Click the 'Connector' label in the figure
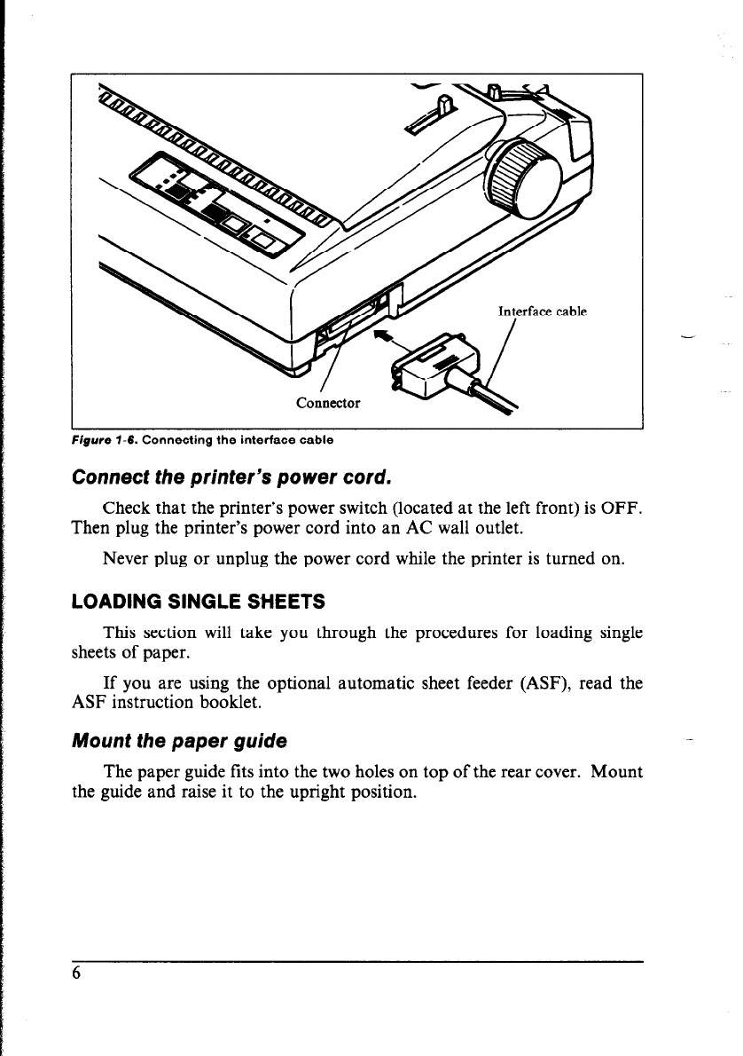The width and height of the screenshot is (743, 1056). (x=328, y=403)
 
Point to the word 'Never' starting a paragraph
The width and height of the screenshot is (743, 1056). (x=123, y=561)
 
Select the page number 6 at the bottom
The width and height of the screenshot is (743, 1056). (x=76, y=973)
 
